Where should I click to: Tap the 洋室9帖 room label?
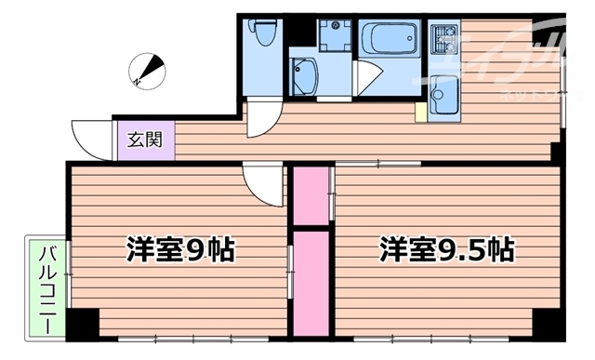[x=181, y=249]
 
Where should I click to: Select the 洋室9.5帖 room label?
[x=447, y=249]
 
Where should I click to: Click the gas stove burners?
[x=443, y=40]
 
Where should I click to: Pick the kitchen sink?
[x=443, y=93]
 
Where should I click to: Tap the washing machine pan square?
[x=333, y=35]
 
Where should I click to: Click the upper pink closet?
[x=311, y=194]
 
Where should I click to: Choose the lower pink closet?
[x=311, y=283]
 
